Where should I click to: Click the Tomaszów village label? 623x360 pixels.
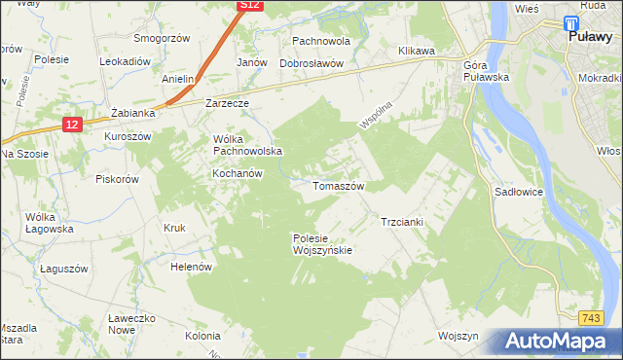click(338, 185)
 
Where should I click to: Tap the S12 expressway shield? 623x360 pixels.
click(250, 6)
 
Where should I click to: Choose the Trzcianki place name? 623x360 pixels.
click(401, 222)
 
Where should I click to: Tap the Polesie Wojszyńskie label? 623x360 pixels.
click(321, 243)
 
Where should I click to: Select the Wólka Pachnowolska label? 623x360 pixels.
click(247, 144)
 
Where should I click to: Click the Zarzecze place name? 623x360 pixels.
click(228, 102)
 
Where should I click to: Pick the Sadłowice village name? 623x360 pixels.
click(519, 193)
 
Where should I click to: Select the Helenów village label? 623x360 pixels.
click(191, 266)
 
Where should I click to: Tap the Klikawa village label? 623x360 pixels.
click(416, 50)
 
